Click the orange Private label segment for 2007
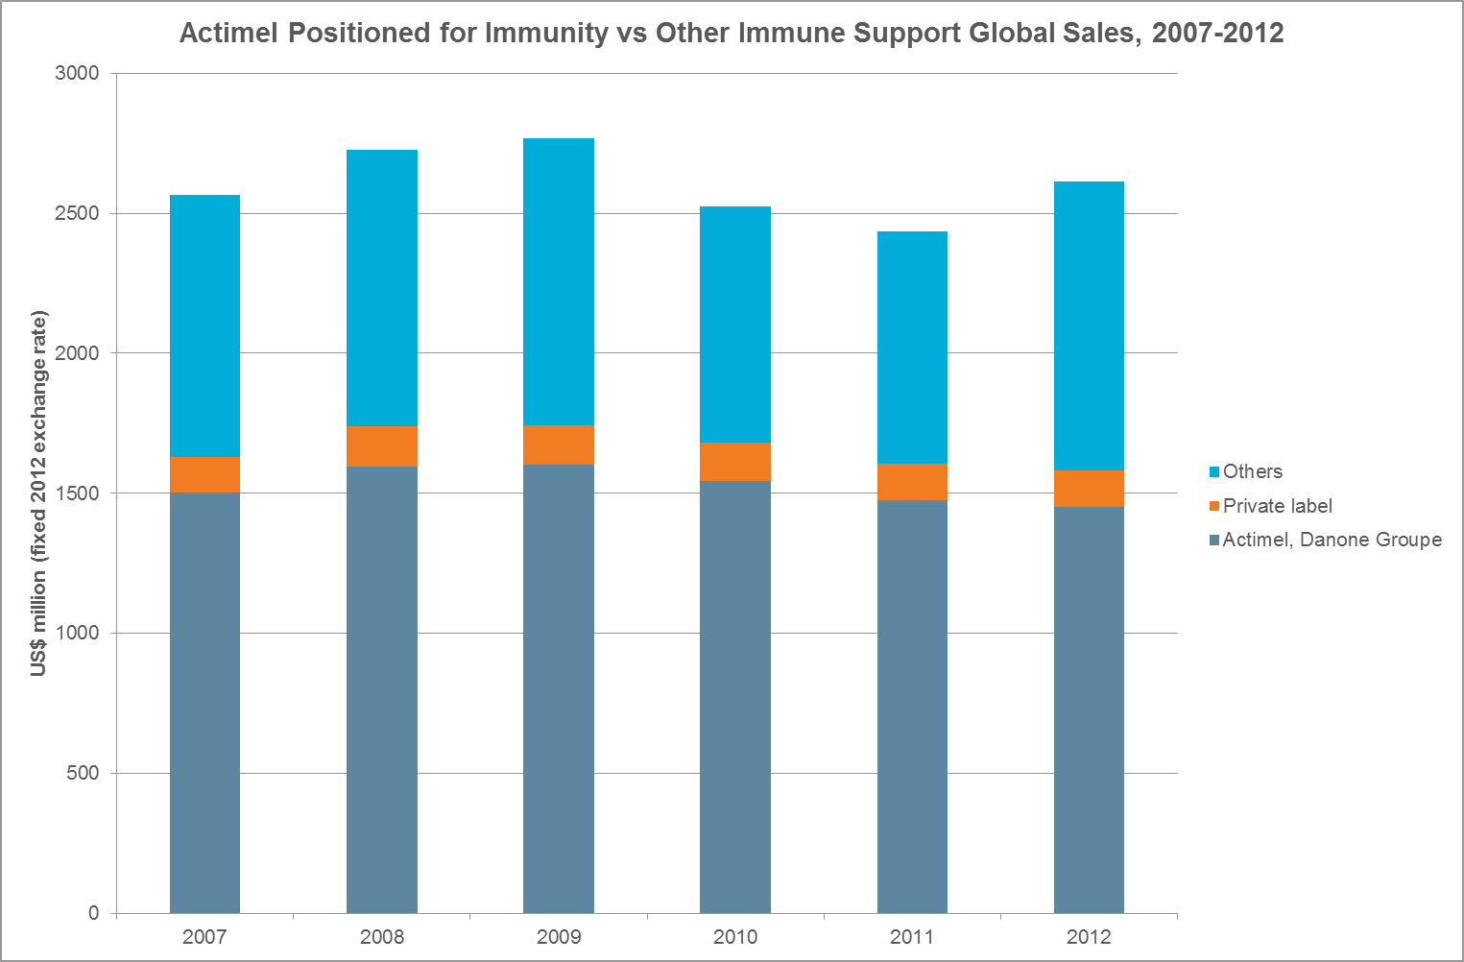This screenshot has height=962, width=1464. pos(204,474)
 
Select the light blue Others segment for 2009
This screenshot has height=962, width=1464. pos(558,281)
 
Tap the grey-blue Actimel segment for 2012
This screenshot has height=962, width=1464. pos(1089,709)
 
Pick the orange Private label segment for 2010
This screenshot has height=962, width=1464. pos(734,462)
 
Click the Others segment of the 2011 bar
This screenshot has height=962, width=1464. pos(911,348)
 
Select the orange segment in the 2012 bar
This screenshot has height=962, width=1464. pos(1089,488)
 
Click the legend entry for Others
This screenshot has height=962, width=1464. pos(1252,471)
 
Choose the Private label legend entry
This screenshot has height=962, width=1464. pos(1277,506)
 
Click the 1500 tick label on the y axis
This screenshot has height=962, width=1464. pos(80,493)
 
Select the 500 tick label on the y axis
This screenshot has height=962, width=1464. pos(84,773)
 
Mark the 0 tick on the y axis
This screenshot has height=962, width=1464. pos(94,913)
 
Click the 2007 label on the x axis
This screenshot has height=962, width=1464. pos(204,937)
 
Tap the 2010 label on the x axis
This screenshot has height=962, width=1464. pos(734,937)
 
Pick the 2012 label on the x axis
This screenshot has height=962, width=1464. pos(1089,937)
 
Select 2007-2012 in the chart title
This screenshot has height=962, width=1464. pos(1217,33)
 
